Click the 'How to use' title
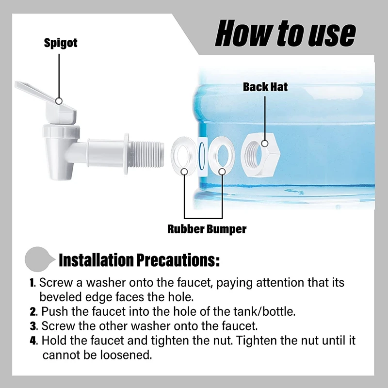(x=285, y=34)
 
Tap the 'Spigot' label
(x=61, y=43)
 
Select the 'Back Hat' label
(x=265, y=87)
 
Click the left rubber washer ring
(x=184, y=154)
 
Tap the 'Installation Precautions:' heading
(x=139, y=260)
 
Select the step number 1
(x=32, y=283)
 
